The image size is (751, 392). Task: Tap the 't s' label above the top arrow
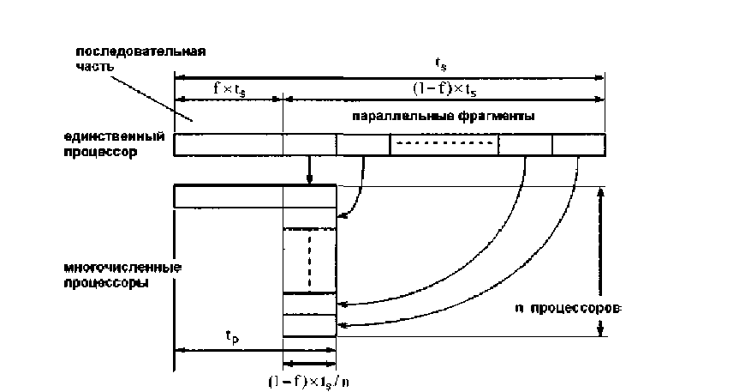pyautogui.click(x=439, y=64)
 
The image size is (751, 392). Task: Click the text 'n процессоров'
pyautogui.click(x=575, y=306)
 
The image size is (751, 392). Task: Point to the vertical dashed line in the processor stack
pyautogui.click(x=309, y=261)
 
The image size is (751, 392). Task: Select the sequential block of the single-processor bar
pyautogui.click(x=228, y=145)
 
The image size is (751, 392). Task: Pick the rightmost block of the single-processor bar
pyautogui.click(x=578, y=145)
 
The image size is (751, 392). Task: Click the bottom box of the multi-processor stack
pyautogui.click(x=309, y=326)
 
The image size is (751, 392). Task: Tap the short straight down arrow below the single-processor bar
pyautogui.click(x=309, y=170)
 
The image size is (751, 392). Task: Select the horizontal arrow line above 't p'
pyautogui.click(x=228, y=351)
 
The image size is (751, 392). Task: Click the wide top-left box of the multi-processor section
pyautogui.click(x=228, y=196)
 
